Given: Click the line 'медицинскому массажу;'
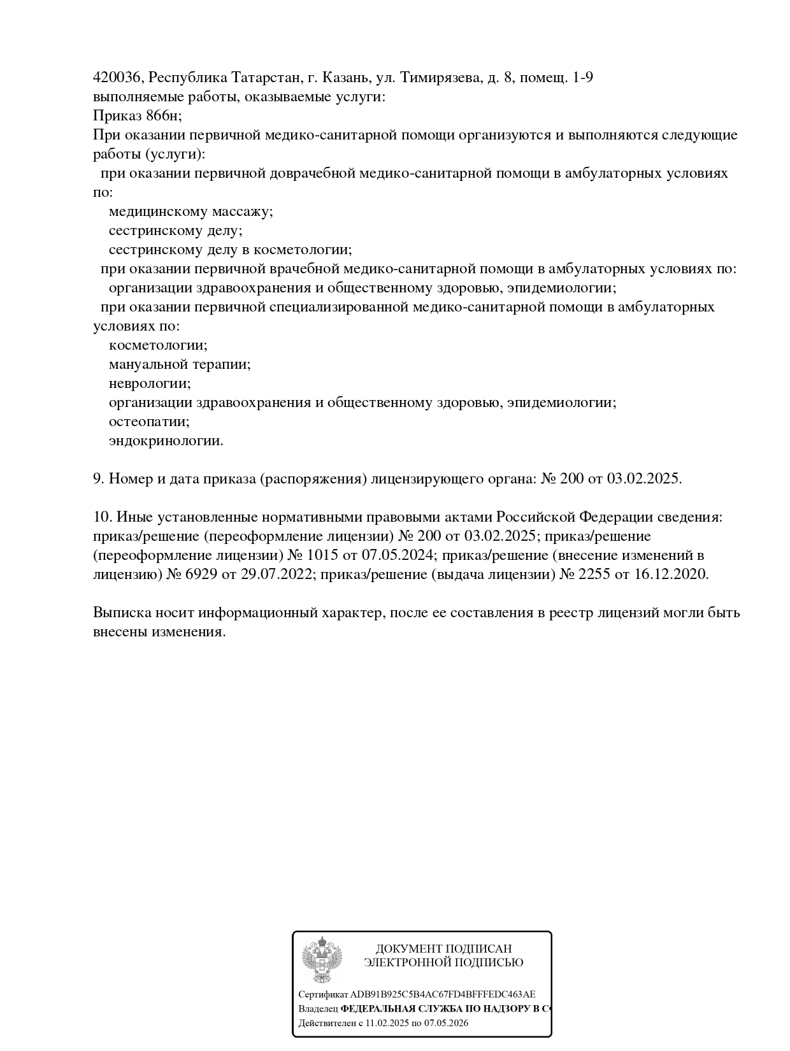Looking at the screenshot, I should coord(190,211).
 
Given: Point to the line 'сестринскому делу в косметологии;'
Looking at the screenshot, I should coord(230,250).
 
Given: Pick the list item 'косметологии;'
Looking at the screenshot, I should coord(158,345).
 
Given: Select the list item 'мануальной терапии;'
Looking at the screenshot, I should coord(179,364).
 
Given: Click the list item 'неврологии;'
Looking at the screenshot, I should coord(150,383).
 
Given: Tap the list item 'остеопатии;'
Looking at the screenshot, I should coord(149,422).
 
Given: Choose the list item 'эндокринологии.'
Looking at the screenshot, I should coord(166,441).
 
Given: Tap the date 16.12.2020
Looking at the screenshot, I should coord(671,575).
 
